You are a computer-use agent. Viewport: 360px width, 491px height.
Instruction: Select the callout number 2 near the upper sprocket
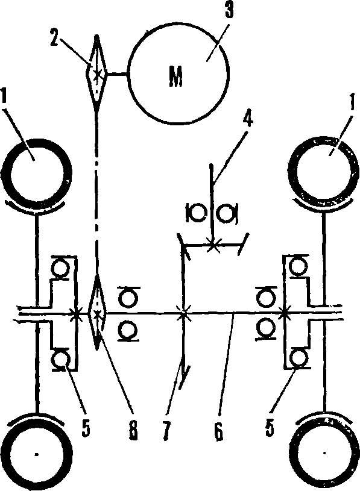pos(57,37)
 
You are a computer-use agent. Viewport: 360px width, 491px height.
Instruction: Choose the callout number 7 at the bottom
pos(166,431)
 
